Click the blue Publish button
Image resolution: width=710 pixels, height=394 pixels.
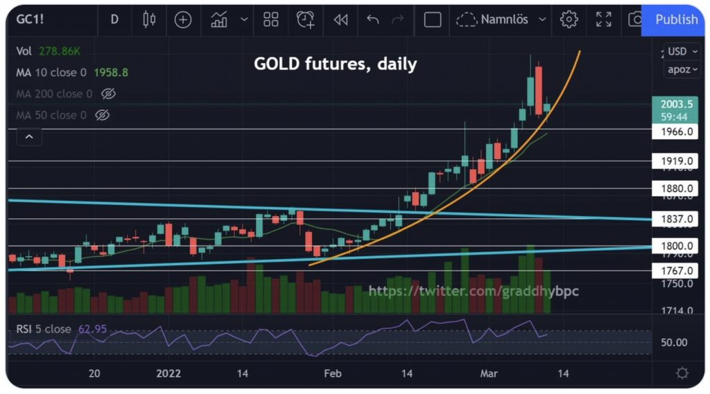click(676, 19)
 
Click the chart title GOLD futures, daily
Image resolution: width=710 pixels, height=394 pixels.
click(335, 64)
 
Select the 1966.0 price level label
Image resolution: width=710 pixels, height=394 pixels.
click(676, 132)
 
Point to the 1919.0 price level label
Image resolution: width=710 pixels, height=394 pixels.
click(676, 161)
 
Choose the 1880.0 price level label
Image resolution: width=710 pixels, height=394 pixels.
click(676, 188)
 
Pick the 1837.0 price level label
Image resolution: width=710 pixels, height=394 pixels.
click(676, 220)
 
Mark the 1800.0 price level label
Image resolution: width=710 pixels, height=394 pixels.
click(676, 246)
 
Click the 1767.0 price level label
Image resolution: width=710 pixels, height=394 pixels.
click(676, 271)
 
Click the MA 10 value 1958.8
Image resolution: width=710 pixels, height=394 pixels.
click(112, 72)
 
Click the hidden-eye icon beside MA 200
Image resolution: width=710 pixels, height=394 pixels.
click(107, 93)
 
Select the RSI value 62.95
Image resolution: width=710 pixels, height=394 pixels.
click(92, 329)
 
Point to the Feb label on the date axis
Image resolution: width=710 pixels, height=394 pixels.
click(332, 374)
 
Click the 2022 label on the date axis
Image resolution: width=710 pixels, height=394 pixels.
click(168, 374)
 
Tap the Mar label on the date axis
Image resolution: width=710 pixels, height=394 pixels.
click(489, 374)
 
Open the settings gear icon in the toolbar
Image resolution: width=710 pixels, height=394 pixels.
click(569, 19)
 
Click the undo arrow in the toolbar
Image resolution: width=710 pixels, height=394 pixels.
click(372, 19)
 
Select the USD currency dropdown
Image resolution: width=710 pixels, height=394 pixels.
click(680, 51)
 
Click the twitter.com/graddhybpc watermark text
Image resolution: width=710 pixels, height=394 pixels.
click(474, 292)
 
